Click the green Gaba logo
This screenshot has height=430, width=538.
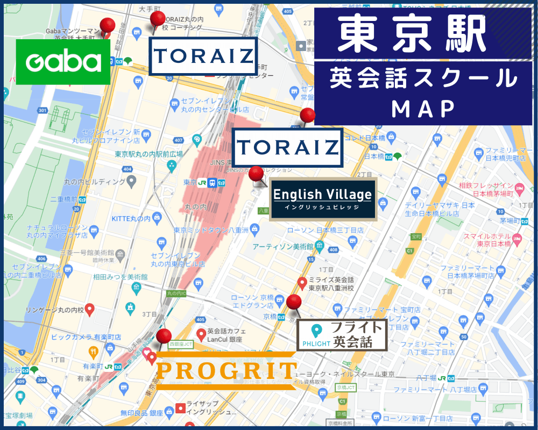pos(63,62)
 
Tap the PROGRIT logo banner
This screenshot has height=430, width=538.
pos(226,370)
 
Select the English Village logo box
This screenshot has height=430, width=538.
pos(322,198)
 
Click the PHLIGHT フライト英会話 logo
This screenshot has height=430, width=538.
pos(342,334)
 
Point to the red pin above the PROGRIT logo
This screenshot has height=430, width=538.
pos(164,337)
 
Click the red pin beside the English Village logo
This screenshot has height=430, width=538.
pos(256,174)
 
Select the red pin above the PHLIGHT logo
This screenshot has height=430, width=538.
pos(294,303)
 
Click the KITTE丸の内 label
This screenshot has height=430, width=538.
pos(132,218)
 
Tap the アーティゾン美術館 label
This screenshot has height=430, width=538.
pos(283,246)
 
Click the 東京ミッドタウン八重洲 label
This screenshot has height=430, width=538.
pos(210,230)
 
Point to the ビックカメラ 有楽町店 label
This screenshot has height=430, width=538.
pos(86,336)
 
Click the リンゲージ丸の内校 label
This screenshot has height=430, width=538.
pos(55,310)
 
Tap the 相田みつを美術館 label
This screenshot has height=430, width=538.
pos(121,277)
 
